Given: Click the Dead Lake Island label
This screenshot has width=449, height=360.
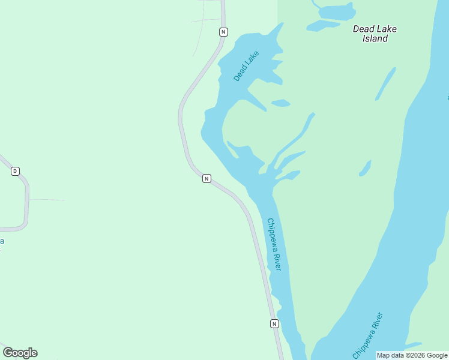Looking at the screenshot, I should point(375,34).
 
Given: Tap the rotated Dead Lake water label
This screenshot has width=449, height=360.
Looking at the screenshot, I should point(246,66).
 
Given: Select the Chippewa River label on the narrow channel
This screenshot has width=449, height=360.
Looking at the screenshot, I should point(274,244).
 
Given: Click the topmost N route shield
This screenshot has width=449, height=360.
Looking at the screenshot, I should point(223,32).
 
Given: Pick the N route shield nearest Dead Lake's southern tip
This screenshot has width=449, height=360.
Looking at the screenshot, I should point(206,178).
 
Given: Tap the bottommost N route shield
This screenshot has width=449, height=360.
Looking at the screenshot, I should point(274,323).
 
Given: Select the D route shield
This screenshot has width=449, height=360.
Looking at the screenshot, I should point(15,171).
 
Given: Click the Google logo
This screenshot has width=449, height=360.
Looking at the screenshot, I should point(20,353).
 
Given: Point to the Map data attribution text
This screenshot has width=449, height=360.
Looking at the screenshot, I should point(412,355).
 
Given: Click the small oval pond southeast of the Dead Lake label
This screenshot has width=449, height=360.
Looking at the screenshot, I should point(281,103).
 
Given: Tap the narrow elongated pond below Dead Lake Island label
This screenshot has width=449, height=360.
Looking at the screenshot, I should point(385,83).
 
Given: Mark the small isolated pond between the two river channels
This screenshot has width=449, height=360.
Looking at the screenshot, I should point(365,168).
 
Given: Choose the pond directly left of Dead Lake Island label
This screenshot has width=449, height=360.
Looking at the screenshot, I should point(323,25).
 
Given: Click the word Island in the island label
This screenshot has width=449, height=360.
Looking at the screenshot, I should point(375,38).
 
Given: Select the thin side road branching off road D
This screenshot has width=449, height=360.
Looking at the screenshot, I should point(47,199).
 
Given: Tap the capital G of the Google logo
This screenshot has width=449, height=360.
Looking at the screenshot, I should point(8,352).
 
